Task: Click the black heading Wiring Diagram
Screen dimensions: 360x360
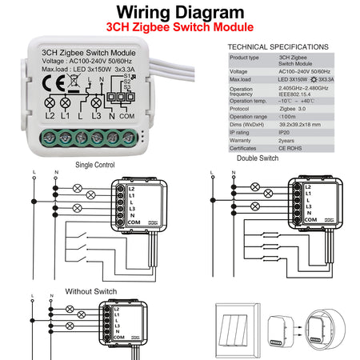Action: click(x=179, y=13)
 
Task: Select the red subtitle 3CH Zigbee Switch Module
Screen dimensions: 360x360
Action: click(x=179, y=28)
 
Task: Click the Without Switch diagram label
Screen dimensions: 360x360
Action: click(x=90, y=291)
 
